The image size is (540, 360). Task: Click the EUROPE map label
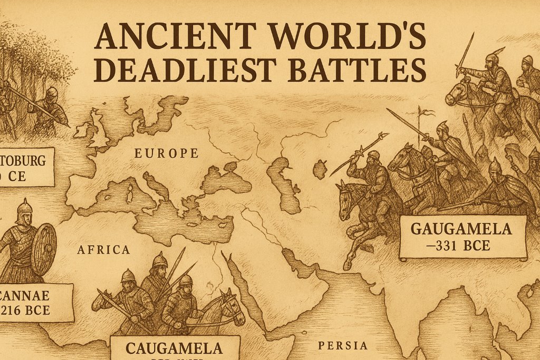[x=166, y=153]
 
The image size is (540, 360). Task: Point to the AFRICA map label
[x=103, y=249]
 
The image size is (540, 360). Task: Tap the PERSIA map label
[x=343, y=346]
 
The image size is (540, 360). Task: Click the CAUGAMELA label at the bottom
[x=175, y=348]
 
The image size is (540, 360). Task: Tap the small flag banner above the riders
[x=428, y=112]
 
